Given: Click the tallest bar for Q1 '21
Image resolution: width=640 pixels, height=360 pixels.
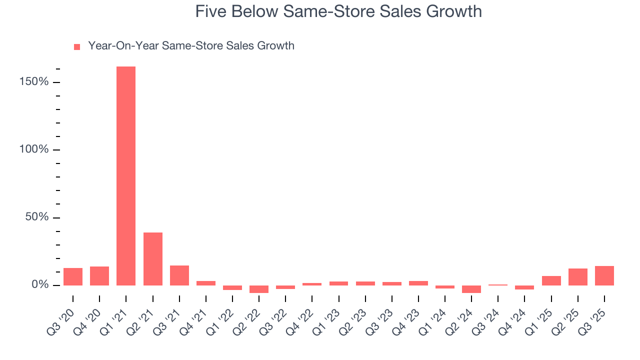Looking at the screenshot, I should coord(126,176).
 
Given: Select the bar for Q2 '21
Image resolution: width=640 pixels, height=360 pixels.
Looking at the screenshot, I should coord(152,259).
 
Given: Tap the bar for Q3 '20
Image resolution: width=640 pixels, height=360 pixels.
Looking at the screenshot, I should coord(73,276).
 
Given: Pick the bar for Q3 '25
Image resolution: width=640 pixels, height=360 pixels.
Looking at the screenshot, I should coord(604,275).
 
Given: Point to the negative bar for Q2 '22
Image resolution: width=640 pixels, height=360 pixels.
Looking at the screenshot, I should coord(259,289).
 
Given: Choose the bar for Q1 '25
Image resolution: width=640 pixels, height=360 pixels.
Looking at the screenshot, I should coord(551,280).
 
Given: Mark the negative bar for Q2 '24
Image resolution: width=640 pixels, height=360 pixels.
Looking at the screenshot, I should coord(471,289).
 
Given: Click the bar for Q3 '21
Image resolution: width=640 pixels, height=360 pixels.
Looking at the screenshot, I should coord(179,275).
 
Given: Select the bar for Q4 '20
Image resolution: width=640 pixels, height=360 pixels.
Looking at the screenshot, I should coord(99,276).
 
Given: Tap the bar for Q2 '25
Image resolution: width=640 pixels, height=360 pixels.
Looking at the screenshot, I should coord(578,277).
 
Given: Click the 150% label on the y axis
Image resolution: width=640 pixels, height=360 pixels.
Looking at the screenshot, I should coord(34,82).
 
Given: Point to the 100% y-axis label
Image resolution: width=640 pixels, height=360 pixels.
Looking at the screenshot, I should coord(34,149).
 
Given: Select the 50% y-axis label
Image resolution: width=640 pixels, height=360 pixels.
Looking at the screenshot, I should coord(36,217).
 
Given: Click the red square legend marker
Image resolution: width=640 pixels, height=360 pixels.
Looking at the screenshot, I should coord(77,47).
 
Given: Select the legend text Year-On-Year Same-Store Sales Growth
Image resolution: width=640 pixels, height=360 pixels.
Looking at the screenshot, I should coord(191,46).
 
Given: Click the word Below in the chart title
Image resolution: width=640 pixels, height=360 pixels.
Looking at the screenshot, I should coord(253,11).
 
